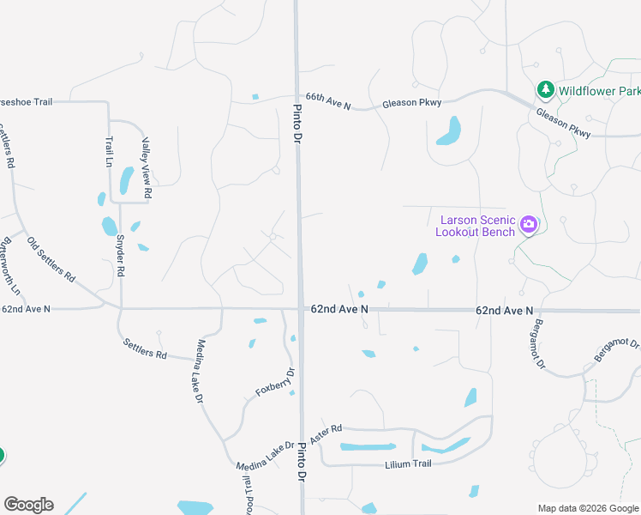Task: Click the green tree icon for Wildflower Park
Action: point(545,89)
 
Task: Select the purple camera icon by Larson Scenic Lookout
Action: point(528,225)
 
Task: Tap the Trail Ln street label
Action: point(109,151)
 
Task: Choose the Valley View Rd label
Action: point(146,168)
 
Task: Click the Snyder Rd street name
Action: point(120,255)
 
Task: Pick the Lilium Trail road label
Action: point(408,463)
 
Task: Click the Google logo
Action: point(28,505)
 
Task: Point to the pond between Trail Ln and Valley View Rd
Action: point(126,179)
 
